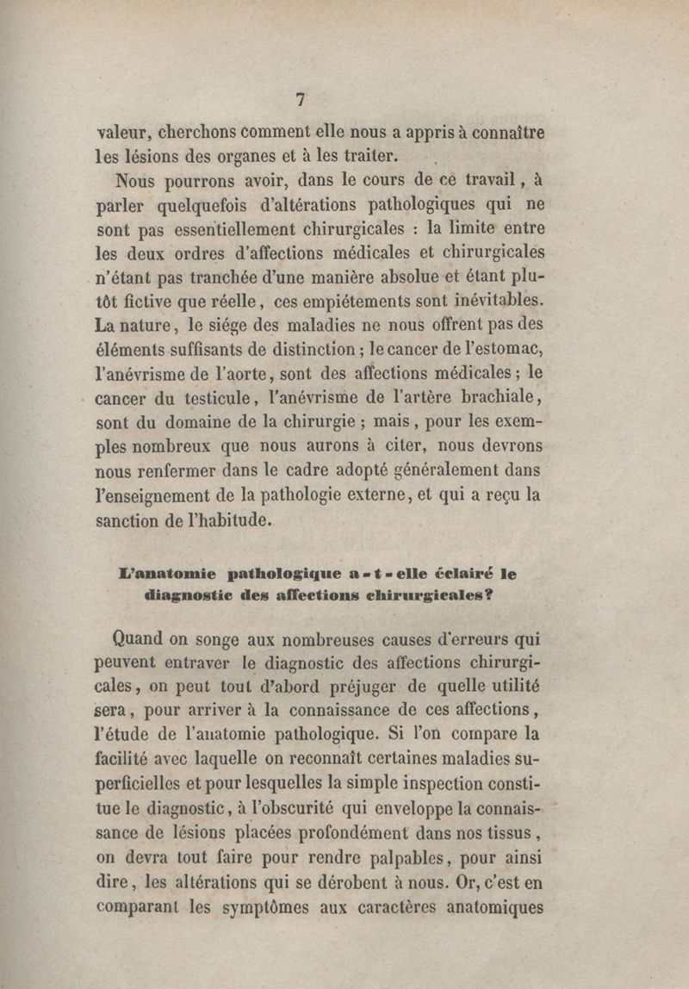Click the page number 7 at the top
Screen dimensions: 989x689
click(301, 99)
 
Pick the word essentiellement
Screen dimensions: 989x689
click(220, 231)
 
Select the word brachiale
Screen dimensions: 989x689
click(502, 398)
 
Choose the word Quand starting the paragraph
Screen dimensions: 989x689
click(140, 638)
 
